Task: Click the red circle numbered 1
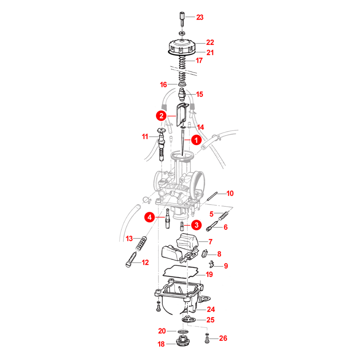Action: tap(196, 140)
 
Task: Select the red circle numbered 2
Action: tap(162, 116)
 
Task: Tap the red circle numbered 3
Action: tap(196, 225)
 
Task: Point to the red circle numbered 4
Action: tap(150, 217)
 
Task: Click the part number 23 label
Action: tap(200, 17)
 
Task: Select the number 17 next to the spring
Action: tap(199, 60)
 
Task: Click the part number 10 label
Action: tap(230, 194)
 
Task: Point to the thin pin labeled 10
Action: tap(212, 196)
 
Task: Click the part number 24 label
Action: tap(211, 310)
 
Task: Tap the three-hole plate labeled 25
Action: tap(188, 319)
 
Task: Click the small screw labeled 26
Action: tap(207, 339)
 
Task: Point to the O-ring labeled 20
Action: tap(183, 332)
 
